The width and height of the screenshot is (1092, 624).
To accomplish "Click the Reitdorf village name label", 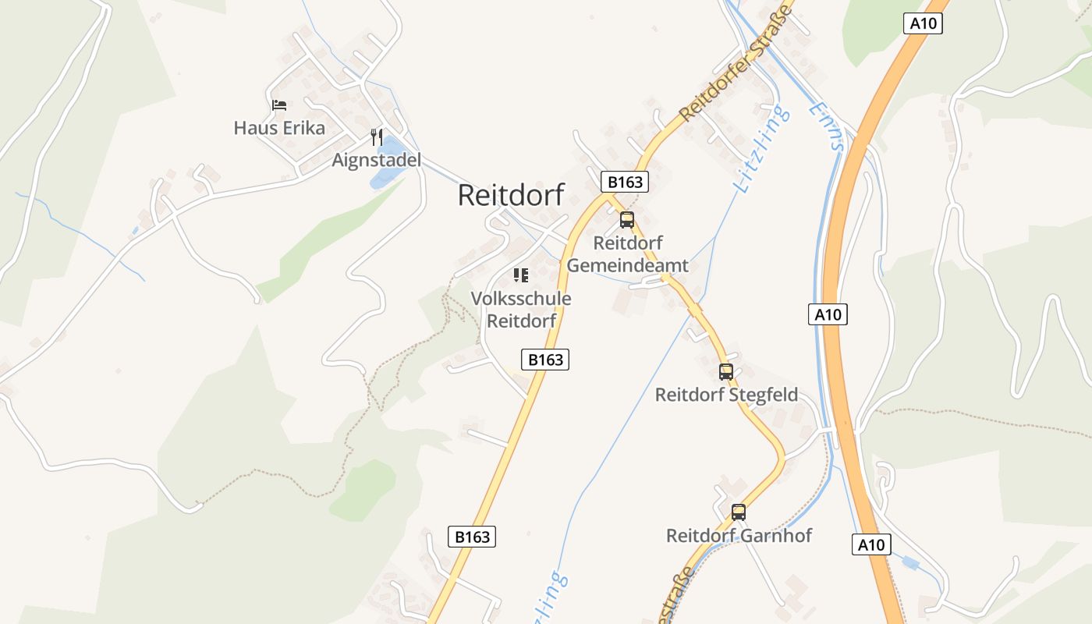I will click(510, 195).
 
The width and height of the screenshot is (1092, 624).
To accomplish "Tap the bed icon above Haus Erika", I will click(279, 105).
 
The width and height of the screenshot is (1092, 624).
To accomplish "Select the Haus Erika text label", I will click(279, 128).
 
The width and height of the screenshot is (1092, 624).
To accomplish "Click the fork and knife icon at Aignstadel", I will click(377, 137).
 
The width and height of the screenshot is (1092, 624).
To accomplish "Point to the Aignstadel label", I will click(377, 161).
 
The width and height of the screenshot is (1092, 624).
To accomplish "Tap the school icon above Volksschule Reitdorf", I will click(521, 275).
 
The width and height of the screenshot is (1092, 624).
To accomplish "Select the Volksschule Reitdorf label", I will click(521, 309).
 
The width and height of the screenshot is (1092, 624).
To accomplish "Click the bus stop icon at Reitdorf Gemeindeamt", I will click(627, 220).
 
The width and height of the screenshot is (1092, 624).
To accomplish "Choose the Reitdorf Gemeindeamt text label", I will click(627, 254).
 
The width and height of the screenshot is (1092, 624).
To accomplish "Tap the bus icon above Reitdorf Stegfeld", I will click(726, 372).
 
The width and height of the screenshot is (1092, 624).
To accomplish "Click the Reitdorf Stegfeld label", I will click(726, 395).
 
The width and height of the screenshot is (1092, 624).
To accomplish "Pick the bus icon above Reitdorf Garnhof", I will click(739, 512).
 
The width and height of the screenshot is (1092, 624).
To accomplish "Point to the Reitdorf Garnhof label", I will click(739, 536).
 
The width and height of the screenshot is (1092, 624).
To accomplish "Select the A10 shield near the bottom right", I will click(871, 544).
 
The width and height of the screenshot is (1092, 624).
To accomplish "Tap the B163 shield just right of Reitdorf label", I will click(625, 182).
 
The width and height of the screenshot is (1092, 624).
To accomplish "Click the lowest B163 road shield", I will click(472, 537).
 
